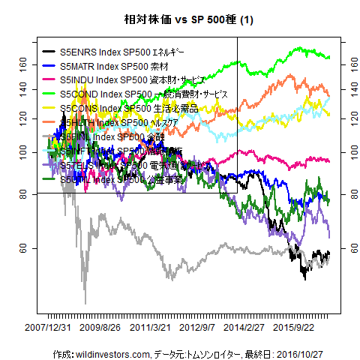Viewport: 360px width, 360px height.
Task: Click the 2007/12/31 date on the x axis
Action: [x=49, y=328]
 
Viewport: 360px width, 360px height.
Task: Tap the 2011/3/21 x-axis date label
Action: [x=148, y=328]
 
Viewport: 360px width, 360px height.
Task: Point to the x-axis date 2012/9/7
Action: [x=197, y=328]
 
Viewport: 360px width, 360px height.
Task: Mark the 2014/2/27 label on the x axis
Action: [x=246, y=328]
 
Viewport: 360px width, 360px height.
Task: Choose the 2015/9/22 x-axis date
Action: [x=295, y=328]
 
